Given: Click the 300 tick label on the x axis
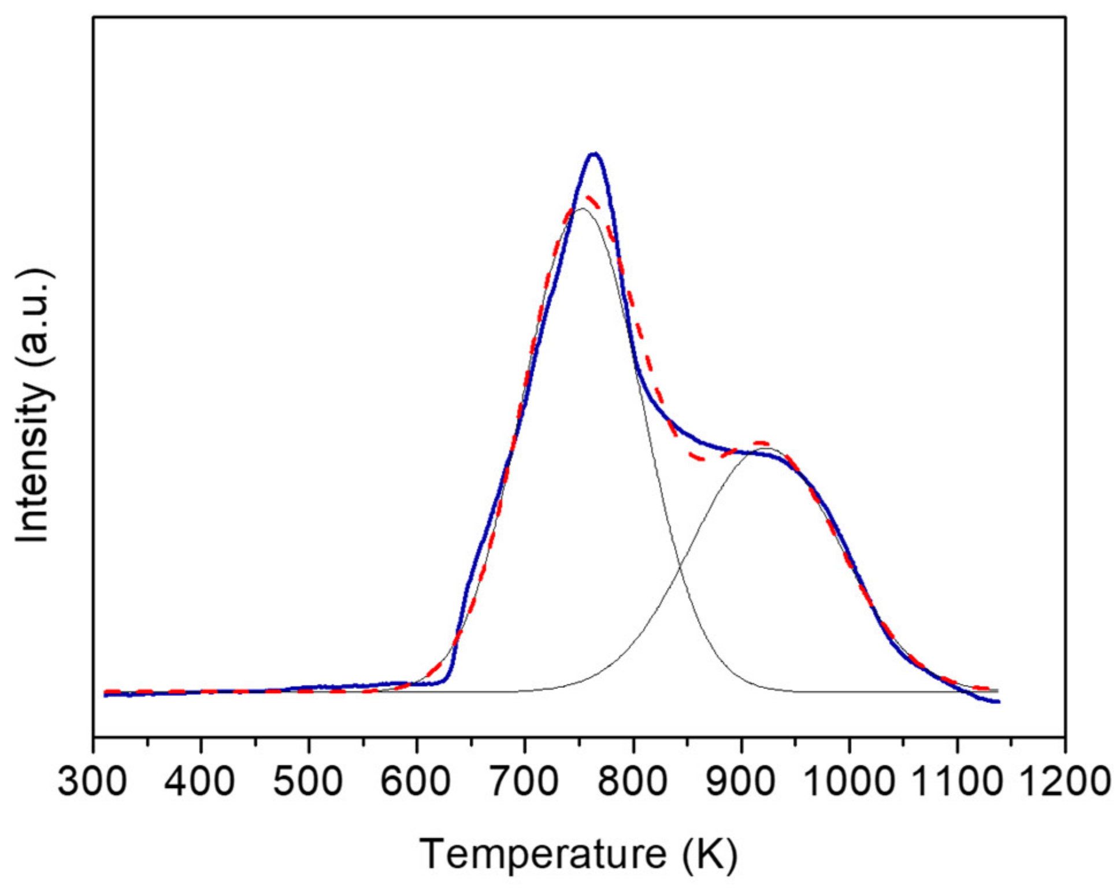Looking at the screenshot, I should coord(92,782).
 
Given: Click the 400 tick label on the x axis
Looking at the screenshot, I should coord(199,782).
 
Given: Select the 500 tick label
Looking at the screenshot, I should coord(308,782).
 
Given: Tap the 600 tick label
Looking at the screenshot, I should coord(416,782).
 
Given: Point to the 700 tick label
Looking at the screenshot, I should coord(524,782).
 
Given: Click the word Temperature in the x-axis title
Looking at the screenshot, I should coord(543,854).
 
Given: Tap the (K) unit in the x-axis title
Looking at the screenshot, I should coord(710,854).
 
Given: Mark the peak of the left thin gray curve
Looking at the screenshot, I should coord(582,209).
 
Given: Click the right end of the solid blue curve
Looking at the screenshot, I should coord(998,702).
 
